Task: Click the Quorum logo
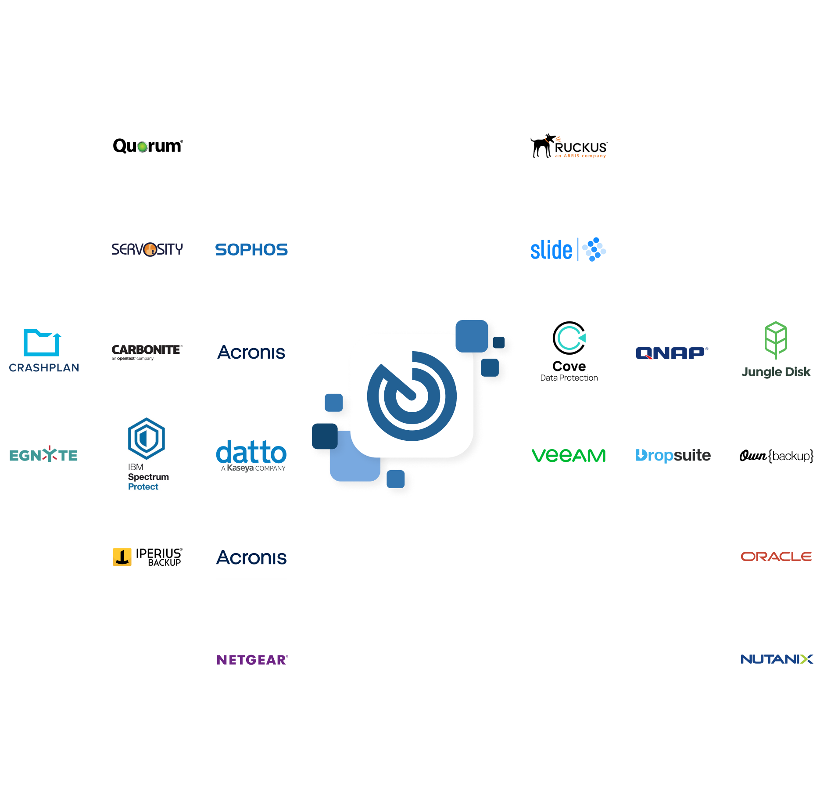(x=147, y=146)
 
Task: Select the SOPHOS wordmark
(x=251, y=249)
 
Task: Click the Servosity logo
(x=147, y=249)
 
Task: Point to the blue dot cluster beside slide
(x=594, y=249)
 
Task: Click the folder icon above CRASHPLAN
(x=42, y=342)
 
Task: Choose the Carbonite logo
(x=147, y=351)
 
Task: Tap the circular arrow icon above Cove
(x=569, y=338)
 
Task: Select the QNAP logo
(x=672, y=353)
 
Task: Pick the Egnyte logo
(x=43, y=455)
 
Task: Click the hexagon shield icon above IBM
(x=147, y=438)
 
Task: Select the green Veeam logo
(x=569, y=455)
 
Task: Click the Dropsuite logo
(x=673, y=455)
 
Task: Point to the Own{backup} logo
(x=776, y=456)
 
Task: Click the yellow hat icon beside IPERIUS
(x=122, y=557)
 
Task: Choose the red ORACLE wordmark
(x=776, y=557)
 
